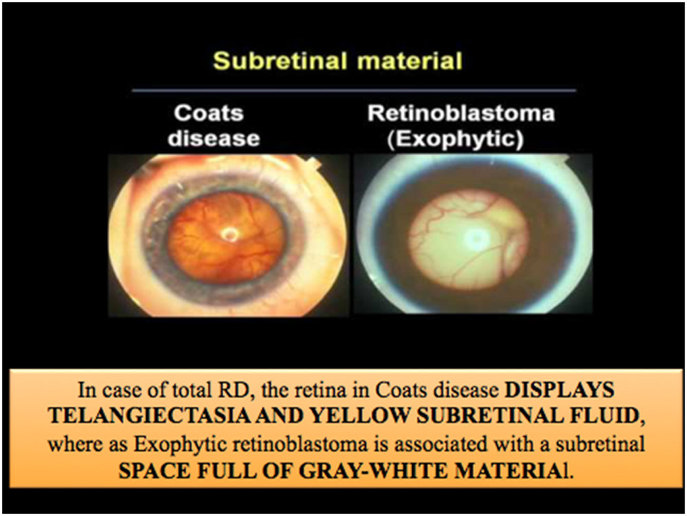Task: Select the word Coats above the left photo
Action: pos(209,113)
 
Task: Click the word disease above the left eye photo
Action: pos(214,138)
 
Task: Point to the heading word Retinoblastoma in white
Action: pos(461,113)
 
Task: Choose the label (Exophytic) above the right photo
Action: pos(455,139)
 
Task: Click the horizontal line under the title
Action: pos(354,91)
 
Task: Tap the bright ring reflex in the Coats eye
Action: pos(229,235)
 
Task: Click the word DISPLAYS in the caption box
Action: pos(559,390)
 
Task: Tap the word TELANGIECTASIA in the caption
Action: pos(149,417)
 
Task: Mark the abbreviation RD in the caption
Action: pos(240,390)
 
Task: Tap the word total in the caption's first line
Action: pos(201,390)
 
